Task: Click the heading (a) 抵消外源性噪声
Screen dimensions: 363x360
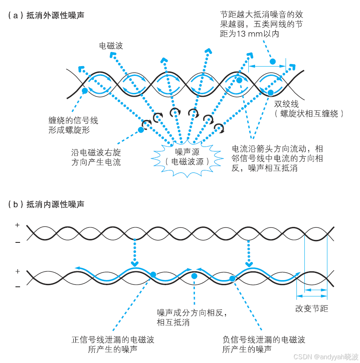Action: pos(46,16)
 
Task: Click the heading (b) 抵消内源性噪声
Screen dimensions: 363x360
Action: pos(46,204)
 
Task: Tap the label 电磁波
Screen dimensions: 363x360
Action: pos(111,46)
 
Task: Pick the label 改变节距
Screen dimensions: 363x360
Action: pos(311,309)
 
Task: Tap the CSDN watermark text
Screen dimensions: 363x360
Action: pos(326,356)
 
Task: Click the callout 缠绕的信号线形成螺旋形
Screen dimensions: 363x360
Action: pos(73,125)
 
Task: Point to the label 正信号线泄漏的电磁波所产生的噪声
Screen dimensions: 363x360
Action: pos(113,344)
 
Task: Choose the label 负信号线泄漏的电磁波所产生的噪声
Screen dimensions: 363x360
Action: pos(263,344)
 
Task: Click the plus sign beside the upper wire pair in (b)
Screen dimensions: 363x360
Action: pos(17,225)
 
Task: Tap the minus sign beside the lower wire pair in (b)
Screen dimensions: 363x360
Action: pos(17,287)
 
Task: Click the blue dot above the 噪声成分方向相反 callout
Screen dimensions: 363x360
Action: pos(194,275)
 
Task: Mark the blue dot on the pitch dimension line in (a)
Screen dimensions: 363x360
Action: pos(273,62)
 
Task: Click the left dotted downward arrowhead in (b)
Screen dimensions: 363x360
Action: pos(134,263)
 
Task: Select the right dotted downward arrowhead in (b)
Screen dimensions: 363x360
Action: pos(249,263)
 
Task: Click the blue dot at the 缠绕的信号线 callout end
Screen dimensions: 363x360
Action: pos(84,90)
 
